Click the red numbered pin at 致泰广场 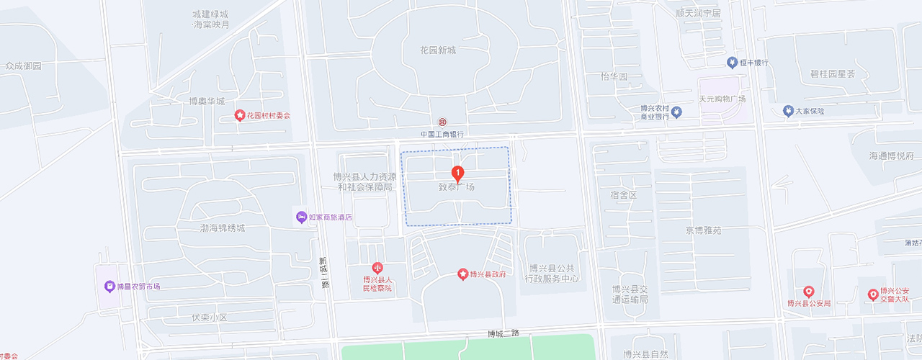point(457,174)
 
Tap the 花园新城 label point(439,50)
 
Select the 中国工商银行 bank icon point(442,122)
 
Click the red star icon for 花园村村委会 point(240,115)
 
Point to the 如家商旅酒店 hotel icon point(301,217)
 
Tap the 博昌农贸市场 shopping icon point(109,286)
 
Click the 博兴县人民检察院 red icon point(377,269)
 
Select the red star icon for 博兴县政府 point(463,274)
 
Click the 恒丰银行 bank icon point(732,63)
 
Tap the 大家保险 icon point(788,111)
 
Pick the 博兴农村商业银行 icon point(676,112)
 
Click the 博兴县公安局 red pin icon point(809,292)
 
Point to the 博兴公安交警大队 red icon point(873,294)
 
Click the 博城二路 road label point(503,333)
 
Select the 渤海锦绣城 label point(223,228)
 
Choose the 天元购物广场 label point(722,99)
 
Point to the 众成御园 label point(24,66)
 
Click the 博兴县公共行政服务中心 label point(552,273)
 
